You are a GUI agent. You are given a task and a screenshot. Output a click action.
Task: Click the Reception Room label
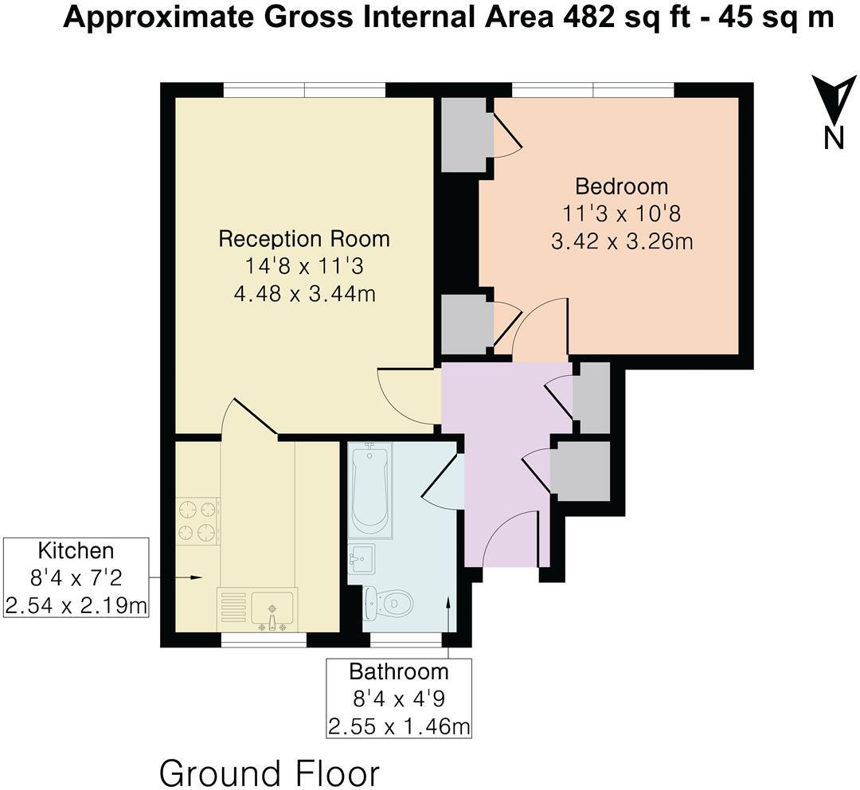point(304,239)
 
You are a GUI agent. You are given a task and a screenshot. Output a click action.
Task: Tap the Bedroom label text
point(621,186)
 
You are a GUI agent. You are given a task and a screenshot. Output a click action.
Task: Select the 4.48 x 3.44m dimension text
point(304,295)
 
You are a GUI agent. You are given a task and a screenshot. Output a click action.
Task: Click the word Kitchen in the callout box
point(76,550)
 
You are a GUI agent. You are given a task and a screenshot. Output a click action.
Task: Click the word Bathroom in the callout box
point(399,671)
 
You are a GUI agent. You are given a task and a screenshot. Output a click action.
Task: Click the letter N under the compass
point(834,139)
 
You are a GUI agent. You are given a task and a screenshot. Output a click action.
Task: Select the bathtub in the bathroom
point(369,489)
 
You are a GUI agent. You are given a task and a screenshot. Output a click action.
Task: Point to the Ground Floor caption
point(269,772)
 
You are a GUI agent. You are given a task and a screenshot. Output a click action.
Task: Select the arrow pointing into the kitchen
point(189,577)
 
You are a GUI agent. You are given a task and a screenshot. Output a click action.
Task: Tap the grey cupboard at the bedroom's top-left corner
point(464,134)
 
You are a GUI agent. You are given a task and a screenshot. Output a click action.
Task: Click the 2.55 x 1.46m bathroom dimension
point(399,726)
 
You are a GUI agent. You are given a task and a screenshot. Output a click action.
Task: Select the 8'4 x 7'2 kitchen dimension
point(76,578)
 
